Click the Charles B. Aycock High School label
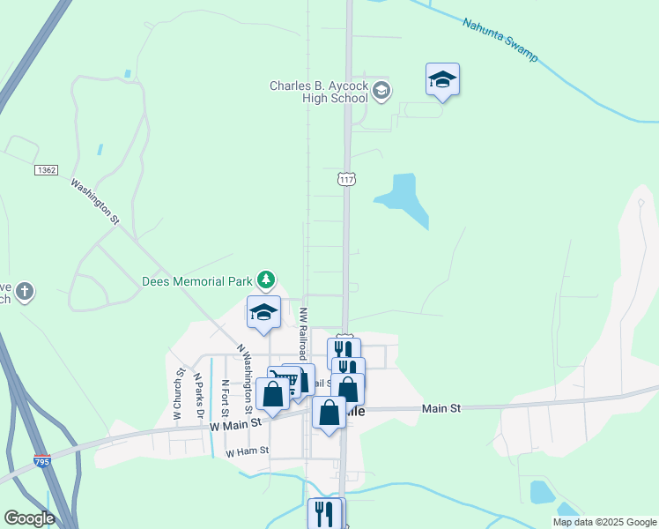click(x=319, y=92)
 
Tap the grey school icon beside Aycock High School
click(x=381, y=90)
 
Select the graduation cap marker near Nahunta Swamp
click(x=441, y=81)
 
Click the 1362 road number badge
click(x=47, y=168)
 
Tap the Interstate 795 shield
click(x=41, y=461)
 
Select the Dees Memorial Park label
click(x=196, y=282)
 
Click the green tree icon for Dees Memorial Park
click(x=266, y=281)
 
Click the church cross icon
click(x=26, y=291)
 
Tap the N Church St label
click(x=178, y=393)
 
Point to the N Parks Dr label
click(x=200, y=395)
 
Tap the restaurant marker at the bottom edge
click(x=324, y=513)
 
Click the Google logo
click(x=29, y=518)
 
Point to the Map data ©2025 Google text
click(x=604, y=522)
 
